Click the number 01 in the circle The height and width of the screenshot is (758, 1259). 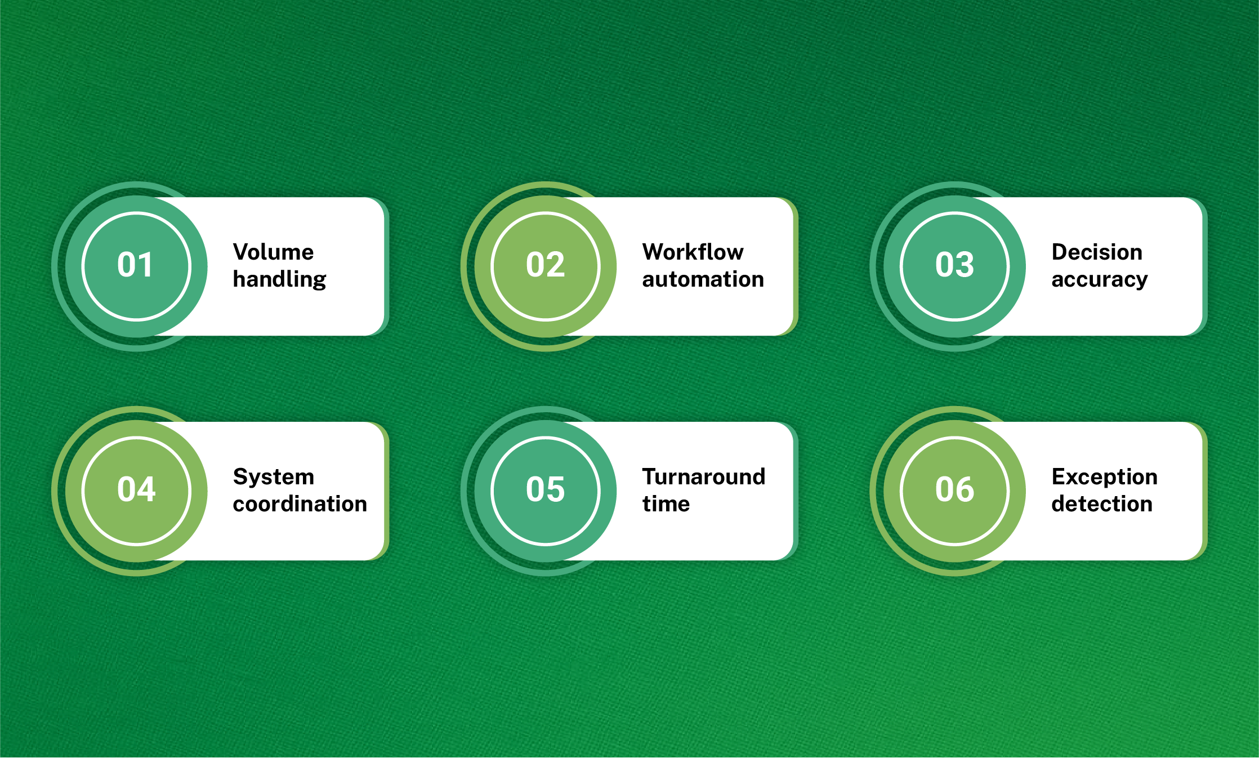pos(135,265)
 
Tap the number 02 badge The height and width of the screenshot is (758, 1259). pos(545,266)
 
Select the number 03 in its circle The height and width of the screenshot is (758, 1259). pos(954,265)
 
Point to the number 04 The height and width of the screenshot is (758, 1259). pos(136,489)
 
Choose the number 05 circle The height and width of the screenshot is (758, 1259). pos(545,491)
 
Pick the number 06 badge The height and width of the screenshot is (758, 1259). pos(954,491)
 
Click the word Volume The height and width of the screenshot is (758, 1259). pos(273,252)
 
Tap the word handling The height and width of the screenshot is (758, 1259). pos(279,279)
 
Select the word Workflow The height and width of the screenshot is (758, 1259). pos(693,252)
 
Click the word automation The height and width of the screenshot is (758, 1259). pos(703,279)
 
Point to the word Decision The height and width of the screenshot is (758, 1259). pos(1097,252)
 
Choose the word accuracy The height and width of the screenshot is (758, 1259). pos(1099,280)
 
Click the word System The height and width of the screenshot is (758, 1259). pos(273,477)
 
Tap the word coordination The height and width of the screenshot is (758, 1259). pos(300,504)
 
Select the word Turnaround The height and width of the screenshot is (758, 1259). pos(704,477)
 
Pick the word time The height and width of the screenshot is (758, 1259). pos(666,504)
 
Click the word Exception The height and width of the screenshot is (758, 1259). pos(1104,478)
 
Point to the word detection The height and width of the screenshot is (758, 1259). pos(1102,504)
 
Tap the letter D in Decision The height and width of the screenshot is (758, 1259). pos(1060,252)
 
